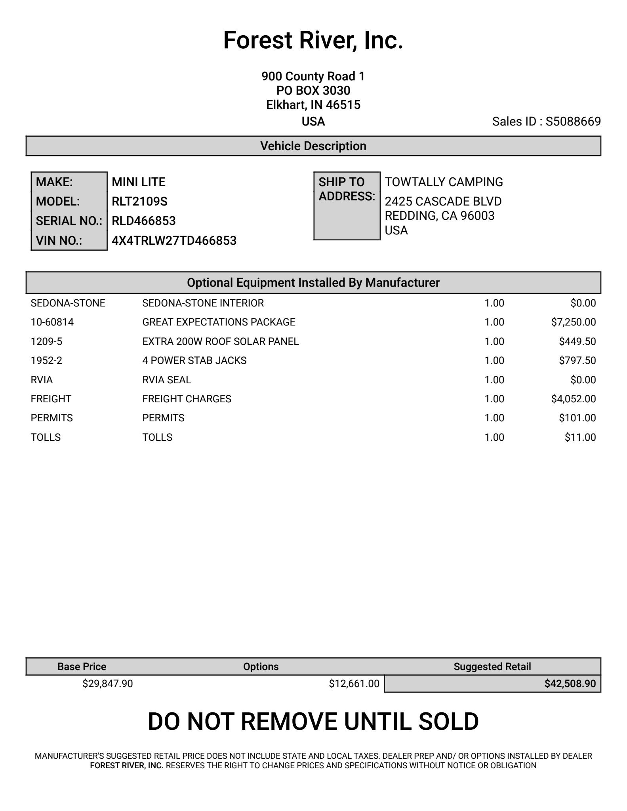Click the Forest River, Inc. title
[313, 40]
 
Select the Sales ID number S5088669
[573, 122]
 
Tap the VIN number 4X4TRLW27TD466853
[174, 241]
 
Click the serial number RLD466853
[143, 221]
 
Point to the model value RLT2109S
[139, 202]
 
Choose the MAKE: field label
[54, 182]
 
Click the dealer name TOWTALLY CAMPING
[444, 182]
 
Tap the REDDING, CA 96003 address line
[439, 216]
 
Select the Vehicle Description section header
[313, 146]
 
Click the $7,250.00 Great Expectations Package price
[573, 322]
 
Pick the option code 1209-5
[46, 341]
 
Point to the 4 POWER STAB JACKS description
[194, 360]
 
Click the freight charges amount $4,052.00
[573, 399]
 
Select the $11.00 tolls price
[580, 437]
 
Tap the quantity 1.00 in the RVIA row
[494, 380]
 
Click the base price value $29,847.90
[107, 683]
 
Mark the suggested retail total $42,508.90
[570, 683]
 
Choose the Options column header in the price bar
[261, 666]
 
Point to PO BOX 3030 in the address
[313, 91]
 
